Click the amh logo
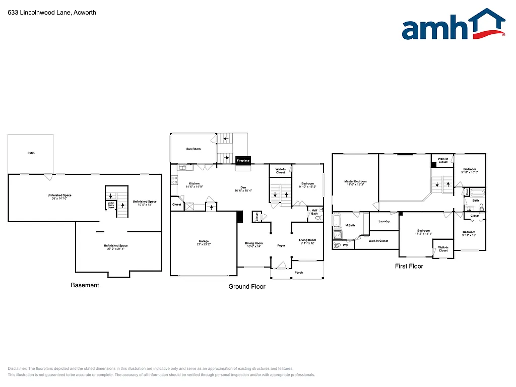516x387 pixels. click(x=453, y=25)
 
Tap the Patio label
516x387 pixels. click(x=31, y=153)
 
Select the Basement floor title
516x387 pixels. click(x=85, y=285)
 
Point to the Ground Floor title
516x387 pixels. click(x=247, y=286)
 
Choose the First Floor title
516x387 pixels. click(x=409, y=266)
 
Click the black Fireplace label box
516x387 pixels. click(x=243, y=160)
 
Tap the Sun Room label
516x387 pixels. click(x=193, y=149)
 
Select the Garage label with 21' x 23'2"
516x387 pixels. click(x=203, y=242)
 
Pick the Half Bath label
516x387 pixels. click(x=314, y=212)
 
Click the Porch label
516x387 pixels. click(x=298, y=273)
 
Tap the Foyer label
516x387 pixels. click(x=281, y=245)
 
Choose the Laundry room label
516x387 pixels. click(x=384, y=221)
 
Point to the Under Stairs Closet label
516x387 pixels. click(x=110, y=205)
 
